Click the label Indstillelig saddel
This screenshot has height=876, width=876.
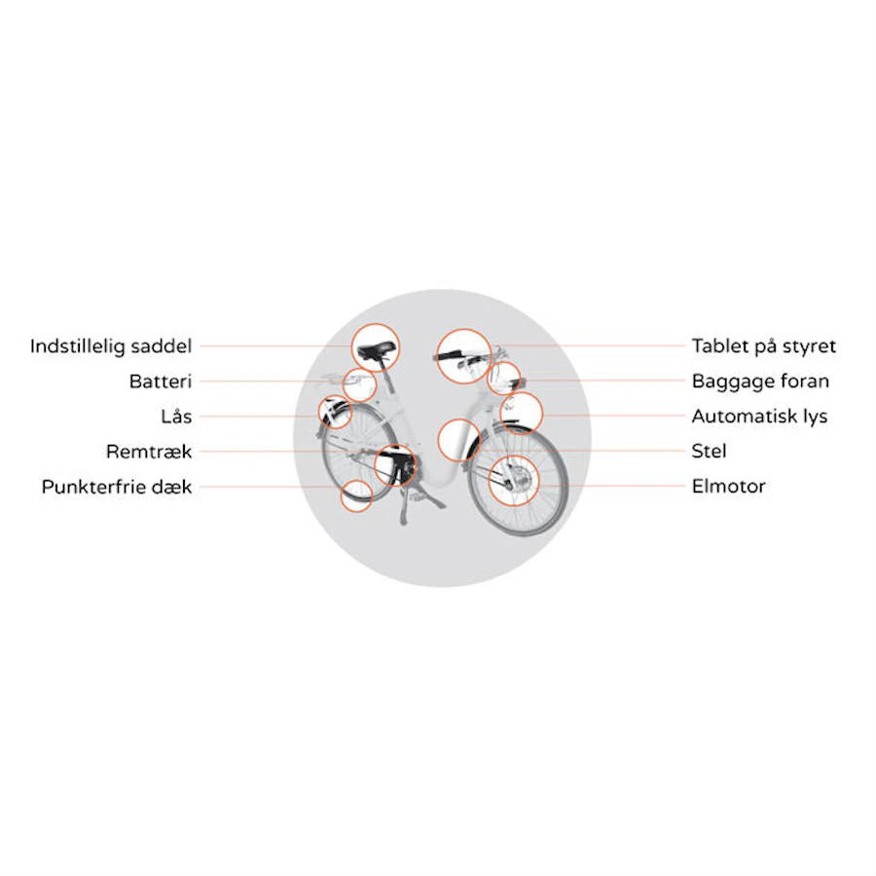click(111, 347)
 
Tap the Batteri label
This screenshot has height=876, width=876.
click(161, 382)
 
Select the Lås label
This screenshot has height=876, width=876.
click(176, 417)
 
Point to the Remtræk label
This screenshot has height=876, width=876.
click(149, 452)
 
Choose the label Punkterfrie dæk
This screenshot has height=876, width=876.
click(117, 487)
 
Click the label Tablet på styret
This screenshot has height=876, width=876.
click(764, 347)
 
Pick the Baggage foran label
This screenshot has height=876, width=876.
click(760, 382)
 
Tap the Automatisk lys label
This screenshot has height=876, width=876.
click(759, 417)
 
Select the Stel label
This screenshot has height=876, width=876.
click(709, 451)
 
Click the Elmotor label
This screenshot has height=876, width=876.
click(728, 486)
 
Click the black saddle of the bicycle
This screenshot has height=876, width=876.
click(376, 350)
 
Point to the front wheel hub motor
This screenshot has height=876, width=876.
click(518, 479)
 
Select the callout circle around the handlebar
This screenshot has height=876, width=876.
click(463, 329)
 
